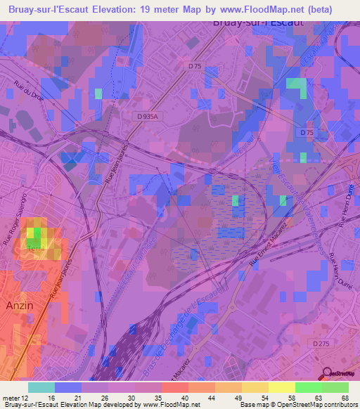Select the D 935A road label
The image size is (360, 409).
(148, 117)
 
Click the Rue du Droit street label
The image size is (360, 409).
(28, 95)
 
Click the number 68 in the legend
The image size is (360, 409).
(344, 398)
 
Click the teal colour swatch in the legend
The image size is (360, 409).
(41, 387)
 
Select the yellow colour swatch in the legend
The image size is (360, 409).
(282, 387)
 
